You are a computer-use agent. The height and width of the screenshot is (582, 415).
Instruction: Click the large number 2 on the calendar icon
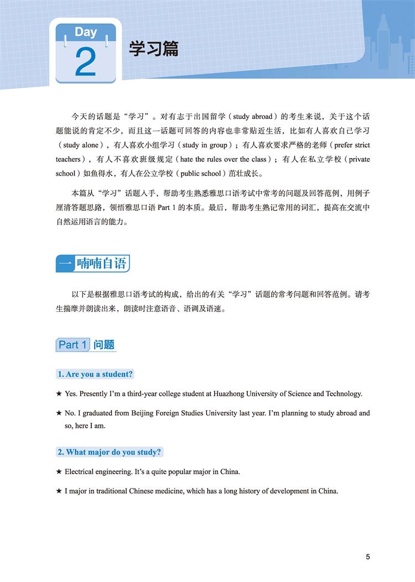click(x=85, y=62)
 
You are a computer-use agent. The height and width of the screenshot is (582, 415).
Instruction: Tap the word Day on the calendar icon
click(x=86, y=32)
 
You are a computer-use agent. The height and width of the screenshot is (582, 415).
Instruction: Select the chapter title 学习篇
click(x=154, y=49)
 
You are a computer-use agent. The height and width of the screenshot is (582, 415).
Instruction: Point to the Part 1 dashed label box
click(x=72, y=345)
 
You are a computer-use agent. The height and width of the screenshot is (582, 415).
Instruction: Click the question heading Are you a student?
click(x=95, y=374)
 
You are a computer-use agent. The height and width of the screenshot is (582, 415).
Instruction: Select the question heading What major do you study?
click(x=110, y=452)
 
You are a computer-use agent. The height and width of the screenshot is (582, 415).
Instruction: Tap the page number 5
click(x=368, y=557)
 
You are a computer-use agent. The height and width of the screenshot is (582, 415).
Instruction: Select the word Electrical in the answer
click(x=82, y=472)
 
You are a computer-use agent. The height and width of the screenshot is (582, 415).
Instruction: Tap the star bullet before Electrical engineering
click(x=59, y=472)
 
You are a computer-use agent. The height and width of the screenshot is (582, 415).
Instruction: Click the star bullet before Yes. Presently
click(x=59, y=394)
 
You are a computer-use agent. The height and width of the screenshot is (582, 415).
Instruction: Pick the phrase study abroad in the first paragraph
click(x=253, y=117)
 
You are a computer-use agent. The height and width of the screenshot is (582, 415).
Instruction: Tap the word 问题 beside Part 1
click(x=104, y=345)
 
